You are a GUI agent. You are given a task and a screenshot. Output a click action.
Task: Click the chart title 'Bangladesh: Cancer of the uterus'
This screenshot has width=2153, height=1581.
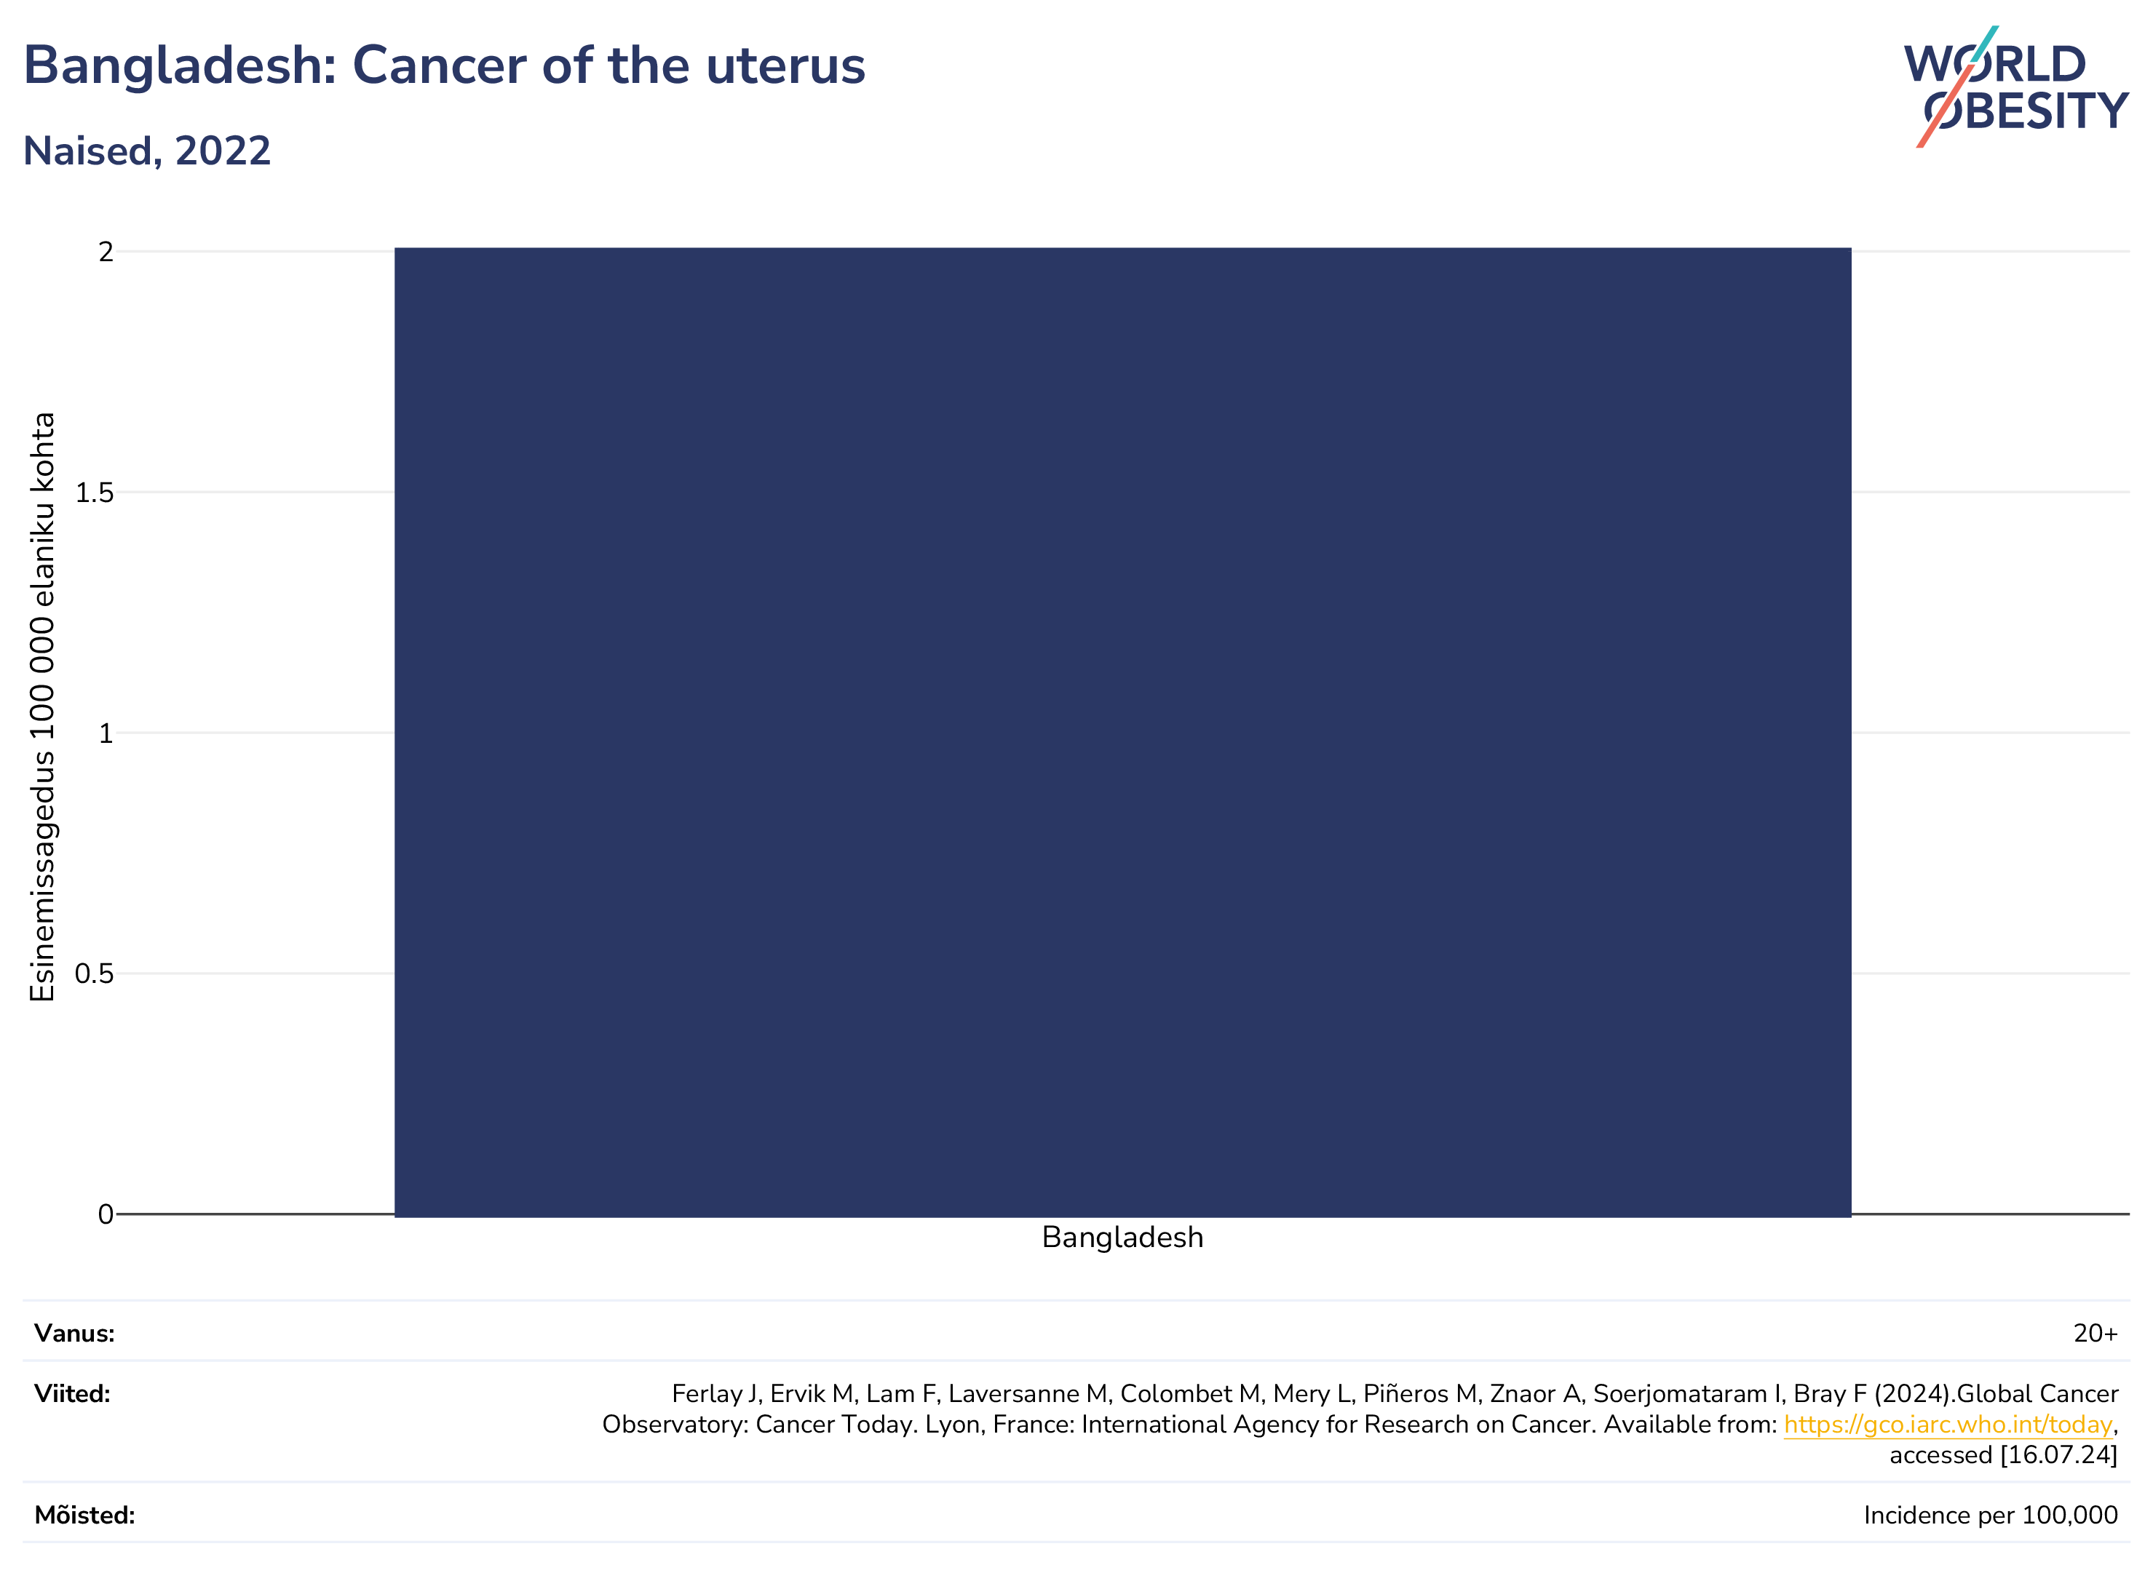pyautogui.click(x=444, y=67)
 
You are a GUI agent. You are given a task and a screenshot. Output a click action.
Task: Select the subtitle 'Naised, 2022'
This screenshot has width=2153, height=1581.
pyautogui.click(x=148, y=151)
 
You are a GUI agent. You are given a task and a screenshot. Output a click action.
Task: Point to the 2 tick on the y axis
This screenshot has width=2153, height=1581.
pyautogui.click(x=106, y=252)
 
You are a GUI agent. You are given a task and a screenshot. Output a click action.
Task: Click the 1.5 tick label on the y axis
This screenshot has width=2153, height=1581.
pyautogui.click(x=94, y=493)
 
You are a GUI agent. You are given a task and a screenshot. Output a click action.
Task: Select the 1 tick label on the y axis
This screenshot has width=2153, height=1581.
pyautogui.click(x=106, y=733)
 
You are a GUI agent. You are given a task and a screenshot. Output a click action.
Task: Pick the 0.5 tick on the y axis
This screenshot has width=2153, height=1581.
pyautogui.click(x=94, y=974)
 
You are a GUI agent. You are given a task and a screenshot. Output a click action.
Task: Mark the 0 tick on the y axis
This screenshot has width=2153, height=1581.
pyautogui.click(x=106, y=1214)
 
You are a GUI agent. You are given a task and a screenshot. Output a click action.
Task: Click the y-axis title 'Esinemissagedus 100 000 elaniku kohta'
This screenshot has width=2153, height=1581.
pyautogui.click(x=42, y=707)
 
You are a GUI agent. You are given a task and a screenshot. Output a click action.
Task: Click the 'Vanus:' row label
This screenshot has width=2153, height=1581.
pyautogui.click(x=75, y=1333)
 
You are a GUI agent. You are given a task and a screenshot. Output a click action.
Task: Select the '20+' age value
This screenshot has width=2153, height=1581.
pyautogui.click(x=2095, y=1333)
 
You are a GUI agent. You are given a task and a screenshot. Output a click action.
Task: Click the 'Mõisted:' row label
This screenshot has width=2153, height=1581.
pyautogui.click(x=85, y=1515)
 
